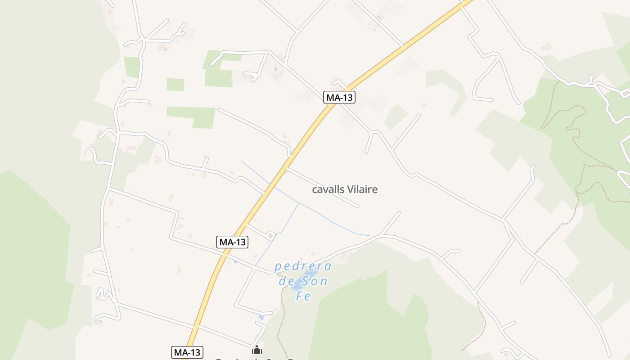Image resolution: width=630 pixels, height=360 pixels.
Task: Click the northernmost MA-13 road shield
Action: [339, 97]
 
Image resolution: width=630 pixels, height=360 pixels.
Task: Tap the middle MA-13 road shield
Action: [232, 242]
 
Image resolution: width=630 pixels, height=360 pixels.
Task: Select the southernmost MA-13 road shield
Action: [187, 352]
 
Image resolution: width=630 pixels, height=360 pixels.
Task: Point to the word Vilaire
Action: [362, 189]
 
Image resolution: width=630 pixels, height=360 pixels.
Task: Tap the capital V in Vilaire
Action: [350, 189]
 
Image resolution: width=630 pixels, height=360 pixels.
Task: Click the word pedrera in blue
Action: [303, 267]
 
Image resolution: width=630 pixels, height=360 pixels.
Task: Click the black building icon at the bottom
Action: [257, 350]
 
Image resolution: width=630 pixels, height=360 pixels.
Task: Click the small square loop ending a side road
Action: [270, 235]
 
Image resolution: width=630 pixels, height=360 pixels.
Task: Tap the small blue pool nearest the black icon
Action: [261, 317]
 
